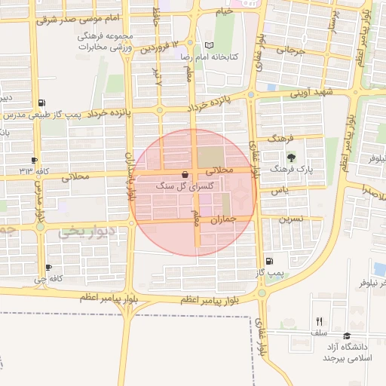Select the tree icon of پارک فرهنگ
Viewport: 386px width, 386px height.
click(292, 157)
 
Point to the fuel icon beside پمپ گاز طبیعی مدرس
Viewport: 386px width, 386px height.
click(41, 103)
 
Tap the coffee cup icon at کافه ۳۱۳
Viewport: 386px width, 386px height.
click(34, 160)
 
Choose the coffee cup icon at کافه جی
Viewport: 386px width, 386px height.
click(48, 267)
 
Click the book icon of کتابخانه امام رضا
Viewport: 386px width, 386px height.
click(209, 45)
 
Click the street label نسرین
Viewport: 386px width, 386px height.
click(293, 219)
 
